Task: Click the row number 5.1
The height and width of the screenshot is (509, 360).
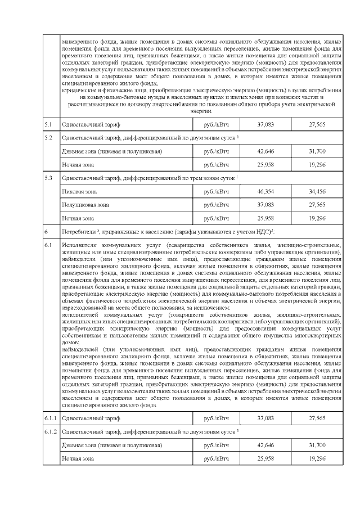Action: pos(48,123)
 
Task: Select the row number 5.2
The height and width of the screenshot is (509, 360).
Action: pos(48,138)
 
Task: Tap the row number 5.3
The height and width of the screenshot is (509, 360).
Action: pos(48,178)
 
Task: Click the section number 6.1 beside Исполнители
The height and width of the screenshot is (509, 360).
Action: pos(48,245)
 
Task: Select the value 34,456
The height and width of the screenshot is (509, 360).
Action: pos(317,192)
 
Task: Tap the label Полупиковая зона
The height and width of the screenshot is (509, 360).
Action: pos(85,205)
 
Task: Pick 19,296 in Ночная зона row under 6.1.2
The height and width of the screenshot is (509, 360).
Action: pos(317,459)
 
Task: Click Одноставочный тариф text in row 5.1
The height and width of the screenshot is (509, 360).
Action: pos(91,123)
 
